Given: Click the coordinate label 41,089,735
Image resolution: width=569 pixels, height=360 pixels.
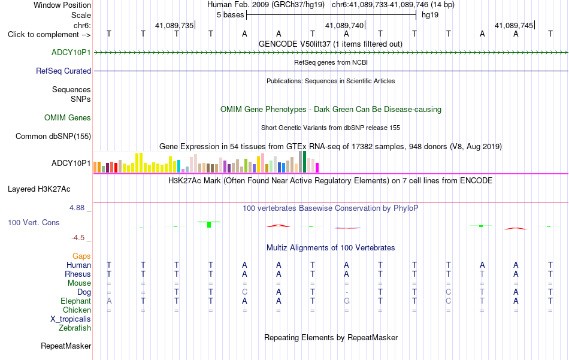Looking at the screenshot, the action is tap(174, 25).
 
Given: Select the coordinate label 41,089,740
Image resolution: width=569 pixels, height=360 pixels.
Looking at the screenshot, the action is tap(344, 25).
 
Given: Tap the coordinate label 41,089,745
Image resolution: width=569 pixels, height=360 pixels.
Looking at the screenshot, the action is tap(514, 25).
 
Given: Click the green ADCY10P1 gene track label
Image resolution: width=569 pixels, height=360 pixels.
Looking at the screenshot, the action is tap(71, 52).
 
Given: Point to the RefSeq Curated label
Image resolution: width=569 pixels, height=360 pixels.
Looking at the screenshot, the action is tap(63, 71).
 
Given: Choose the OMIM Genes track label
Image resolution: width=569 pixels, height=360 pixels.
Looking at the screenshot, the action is tap(68, 117).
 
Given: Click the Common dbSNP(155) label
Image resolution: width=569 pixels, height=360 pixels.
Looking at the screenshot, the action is tap(53, 136).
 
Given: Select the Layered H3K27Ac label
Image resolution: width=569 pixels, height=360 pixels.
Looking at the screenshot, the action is tap(39, 189).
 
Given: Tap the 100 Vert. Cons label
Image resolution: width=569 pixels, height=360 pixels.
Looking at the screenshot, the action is tap(34, 222).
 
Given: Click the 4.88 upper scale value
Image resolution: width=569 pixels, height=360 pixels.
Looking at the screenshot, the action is tap(77, 208).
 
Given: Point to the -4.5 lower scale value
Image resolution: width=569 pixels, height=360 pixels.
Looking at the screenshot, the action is tap(78, 238).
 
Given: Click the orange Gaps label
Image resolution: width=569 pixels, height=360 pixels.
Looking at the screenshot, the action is tap(81, 256).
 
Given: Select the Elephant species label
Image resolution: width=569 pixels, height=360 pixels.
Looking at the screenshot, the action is tap(76, 301).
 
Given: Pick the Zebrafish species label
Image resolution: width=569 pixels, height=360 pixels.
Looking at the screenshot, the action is tap(75, 328).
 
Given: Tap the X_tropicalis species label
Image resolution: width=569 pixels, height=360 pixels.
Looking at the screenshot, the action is tap(71, 319).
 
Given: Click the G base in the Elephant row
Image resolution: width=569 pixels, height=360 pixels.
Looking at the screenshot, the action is tap(347, 301).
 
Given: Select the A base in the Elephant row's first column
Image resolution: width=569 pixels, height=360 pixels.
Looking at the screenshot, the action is tap(109, 301).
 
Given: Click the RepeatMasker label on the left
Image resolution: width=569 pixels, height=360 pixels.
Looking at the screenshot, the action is tap(66, 346).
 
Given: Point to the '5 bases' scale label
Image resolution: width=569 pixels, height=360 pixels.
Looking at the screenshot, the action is tap(231, 15).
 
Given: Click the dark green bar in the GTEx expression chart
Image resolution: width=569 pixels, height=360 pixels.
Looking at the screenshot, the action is tap(304, 162).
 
